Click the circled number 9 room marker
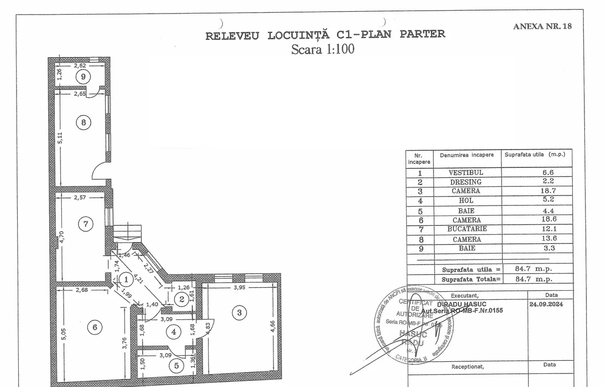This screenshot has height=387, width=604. pyautogui.click(x=83, y=77)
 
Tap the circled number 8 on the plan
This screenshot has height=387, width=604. pyautogui.click(x=84, y=122)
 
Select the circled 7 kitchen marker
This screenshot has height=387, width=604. pyautogui.click(x=86, y=224)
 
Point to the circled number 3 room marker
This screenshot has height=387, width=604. pyautogui.click(x=239, y=313)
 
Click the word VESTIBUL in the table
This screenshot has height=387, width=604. pyautogui.click(x=466, y=172)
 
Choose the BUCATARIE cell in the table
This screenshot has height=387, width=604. pyautogui.click(x=466, y=229)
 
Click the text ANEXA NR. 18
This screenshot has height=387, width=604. pyautogui.click(x=542, y=26)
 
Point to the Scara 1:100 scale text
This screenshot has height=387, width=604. pyautogui.click(x=323, y=49)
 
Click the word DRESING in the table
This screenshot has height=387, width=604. pyautogui.click(x=466, y=182)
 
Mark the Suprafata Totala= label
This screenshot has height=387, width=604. pyautogui.click(x=471, y=279)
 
